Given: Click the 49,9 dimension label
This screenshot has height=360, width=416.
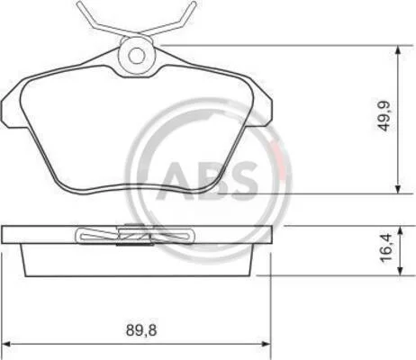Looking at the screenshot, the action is [x=384, y=116].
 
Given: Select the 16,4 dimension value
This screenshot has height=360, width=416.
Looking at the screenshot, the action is [x=386, y=247].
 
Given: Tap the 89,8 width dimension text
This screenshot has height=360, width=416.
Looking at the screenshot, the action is [x=141, y=330].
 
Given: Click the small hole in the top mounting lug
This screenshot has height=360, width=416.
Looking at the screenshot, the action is [x=137, y=56].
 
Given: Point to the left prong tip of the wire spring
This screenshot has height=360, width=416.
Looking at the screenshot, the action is [x=78, y=3].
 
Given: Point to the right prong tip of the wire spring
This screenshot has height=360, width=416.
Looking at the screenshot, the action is [x=194, y=3].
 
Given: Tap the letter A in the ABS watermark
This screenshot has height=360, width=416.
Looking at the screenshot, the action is [x=179, y=181].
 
